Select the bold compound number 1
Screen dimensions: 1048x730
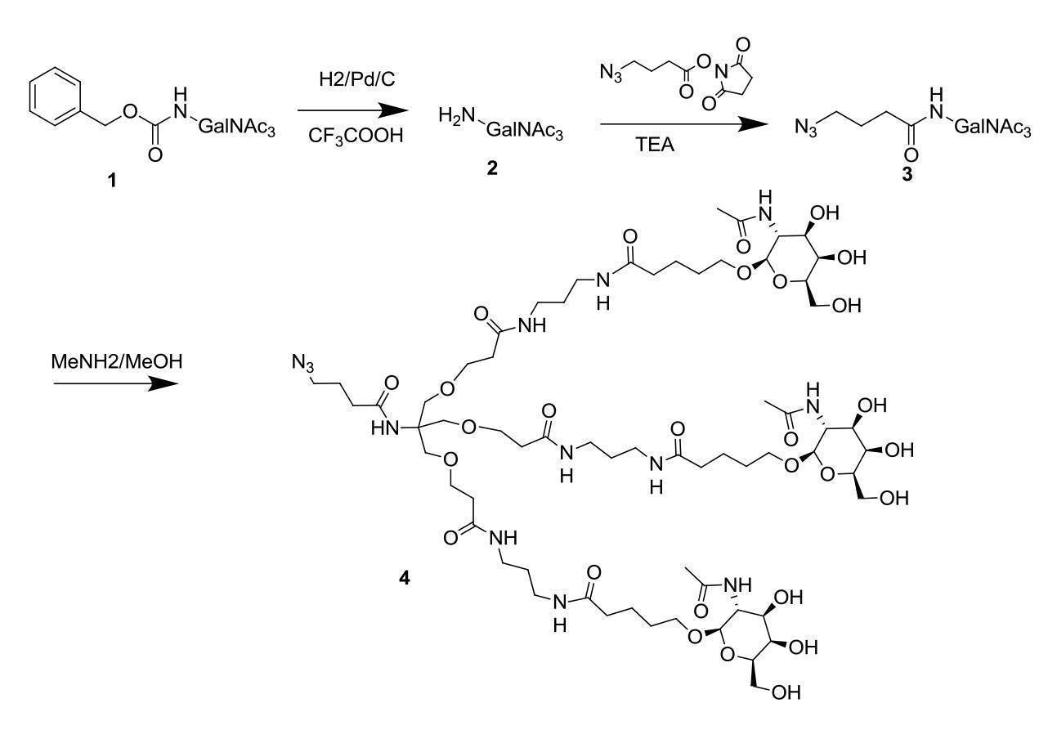[111, 180]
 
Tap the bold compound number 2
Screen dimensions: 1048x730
[492, 168]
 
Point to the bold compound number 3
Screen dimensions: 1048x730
[907, 174]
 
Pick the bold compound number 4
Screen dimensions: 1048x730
[404, 579]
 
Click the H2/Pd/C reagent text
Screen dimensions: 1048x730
[356, 79]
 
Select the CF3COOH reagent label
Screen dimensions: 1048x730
[356, 137]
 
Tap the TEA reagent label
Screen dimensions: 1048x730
[655, 145]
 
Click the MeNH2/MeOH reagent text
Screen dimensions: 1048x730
[117, 361]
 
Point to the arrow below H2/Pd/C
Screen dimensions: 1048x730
[353, 111]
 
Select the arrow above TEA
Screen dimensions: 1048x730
[684, 124]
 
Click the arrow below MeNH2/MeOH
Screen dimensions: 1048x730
[116, 383]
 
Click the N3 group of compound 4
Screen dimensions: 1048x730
[302, 362]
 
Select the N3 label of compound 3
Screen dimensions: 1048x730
[806, 127]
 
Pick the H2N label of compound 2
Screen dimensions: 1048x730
[457, 115]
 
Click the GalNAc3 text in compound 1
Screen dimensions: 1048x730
[237, 127]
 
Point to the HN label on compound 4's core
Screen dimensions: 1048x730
[385, 428]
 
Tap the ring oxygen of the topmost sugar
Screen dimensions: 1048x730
[779, 282]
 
